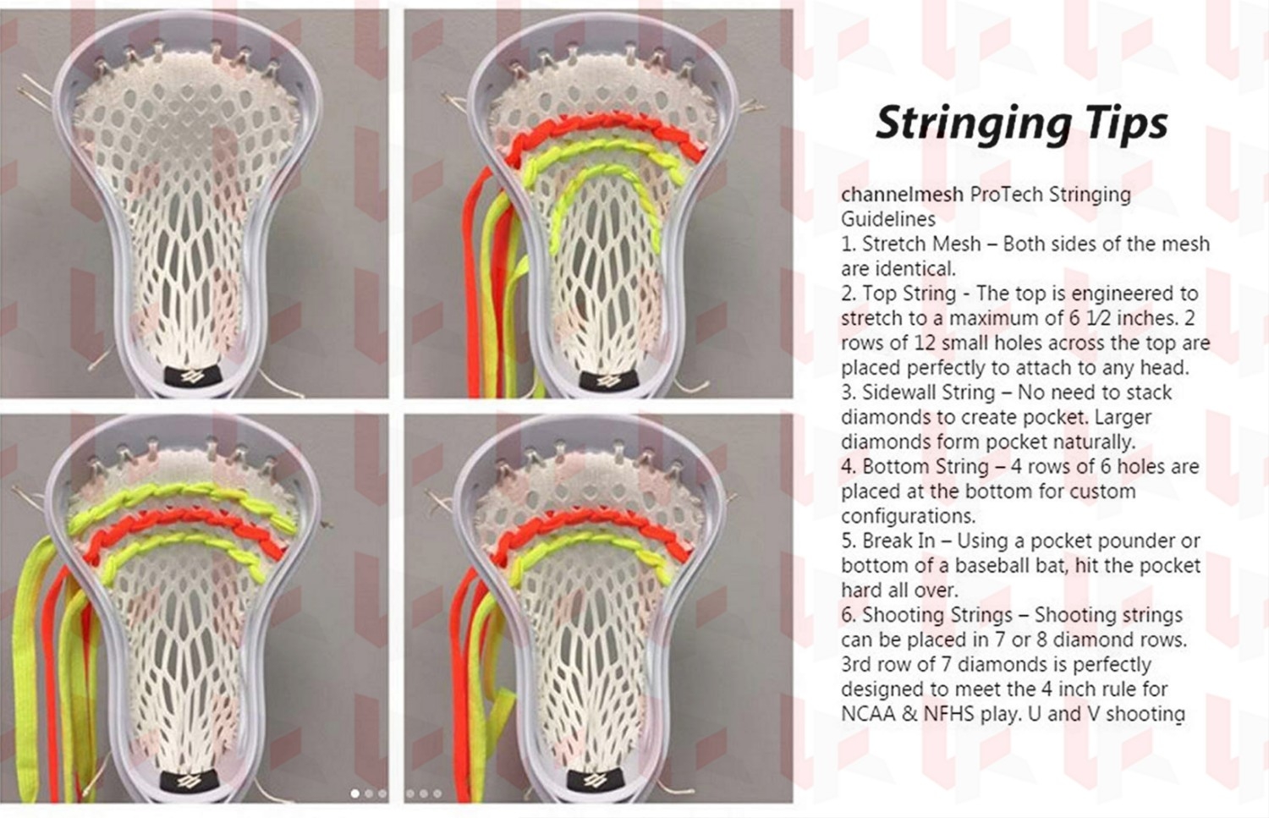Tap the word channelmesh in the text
coord(902,194)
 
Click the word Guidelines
coord(887,218)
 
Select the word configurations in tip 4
coord(908,516)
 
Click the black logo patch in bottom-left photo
coord(186,782)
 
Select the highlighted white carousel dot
coord(355,793)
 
